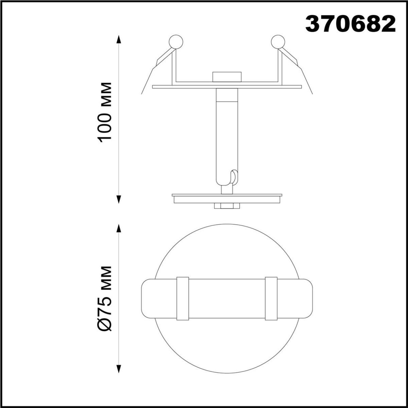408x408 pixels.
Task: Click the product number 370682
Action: click(351, 24)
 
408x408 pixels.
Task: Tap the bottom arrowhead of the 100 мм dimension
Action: click(118, 199)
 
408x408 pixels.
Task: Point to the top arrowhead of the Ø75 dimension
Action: click(118, 228)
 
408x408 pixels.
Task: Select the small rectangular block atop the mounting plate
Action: click(226, 76)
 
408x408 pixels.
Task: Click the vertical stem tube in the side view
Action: click(226, 136)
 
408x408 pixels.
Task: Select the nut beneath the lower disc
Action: click(226, 206)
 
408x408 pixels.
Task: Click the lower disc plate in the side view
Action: click(227, 198)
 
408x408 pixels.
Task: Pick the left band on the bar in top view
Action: click(183, 299)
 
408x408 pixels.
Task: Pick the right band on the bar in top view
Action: click(271, 299)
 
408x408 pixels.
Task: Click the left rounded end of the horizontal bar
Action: click(150, 299)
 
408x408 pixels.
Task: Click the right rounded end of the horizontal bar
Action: click(304, 299)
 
